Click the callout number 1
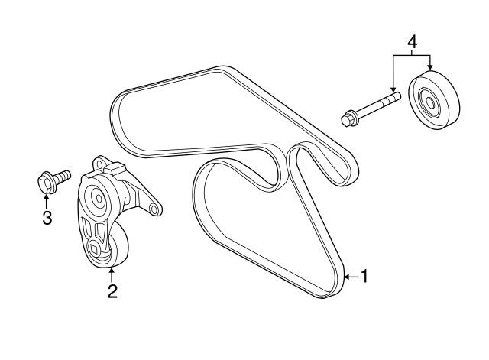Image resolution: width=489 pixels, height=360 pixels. tap(364, 276)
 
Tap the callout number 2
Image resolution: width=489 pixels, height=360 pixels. tap(112, 290)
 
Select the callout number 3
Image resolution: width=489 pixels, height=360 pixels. tap(47, 218)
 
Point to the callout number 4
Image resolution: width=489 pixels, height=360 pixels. tap(412, 42)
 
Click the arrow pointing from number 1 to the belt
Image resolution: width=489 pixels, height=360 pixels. tap(351, 277)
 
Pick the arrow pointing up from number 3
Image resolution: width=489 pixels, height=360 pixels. tap(46, 201)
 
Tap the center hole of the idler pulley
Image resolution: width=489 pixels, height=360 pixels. tap(430, 103)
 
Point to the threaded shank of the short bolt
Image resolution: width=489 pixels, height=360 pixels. tap(63, 175)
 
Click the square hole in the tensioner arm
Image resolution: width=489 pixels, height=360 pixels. tap(94, 248)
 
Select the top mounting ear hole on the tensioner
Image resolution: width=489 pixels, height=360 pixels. tap(100, 161)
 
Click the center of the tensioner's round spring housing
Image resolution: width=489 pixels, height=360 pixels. tap(99, 198)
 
